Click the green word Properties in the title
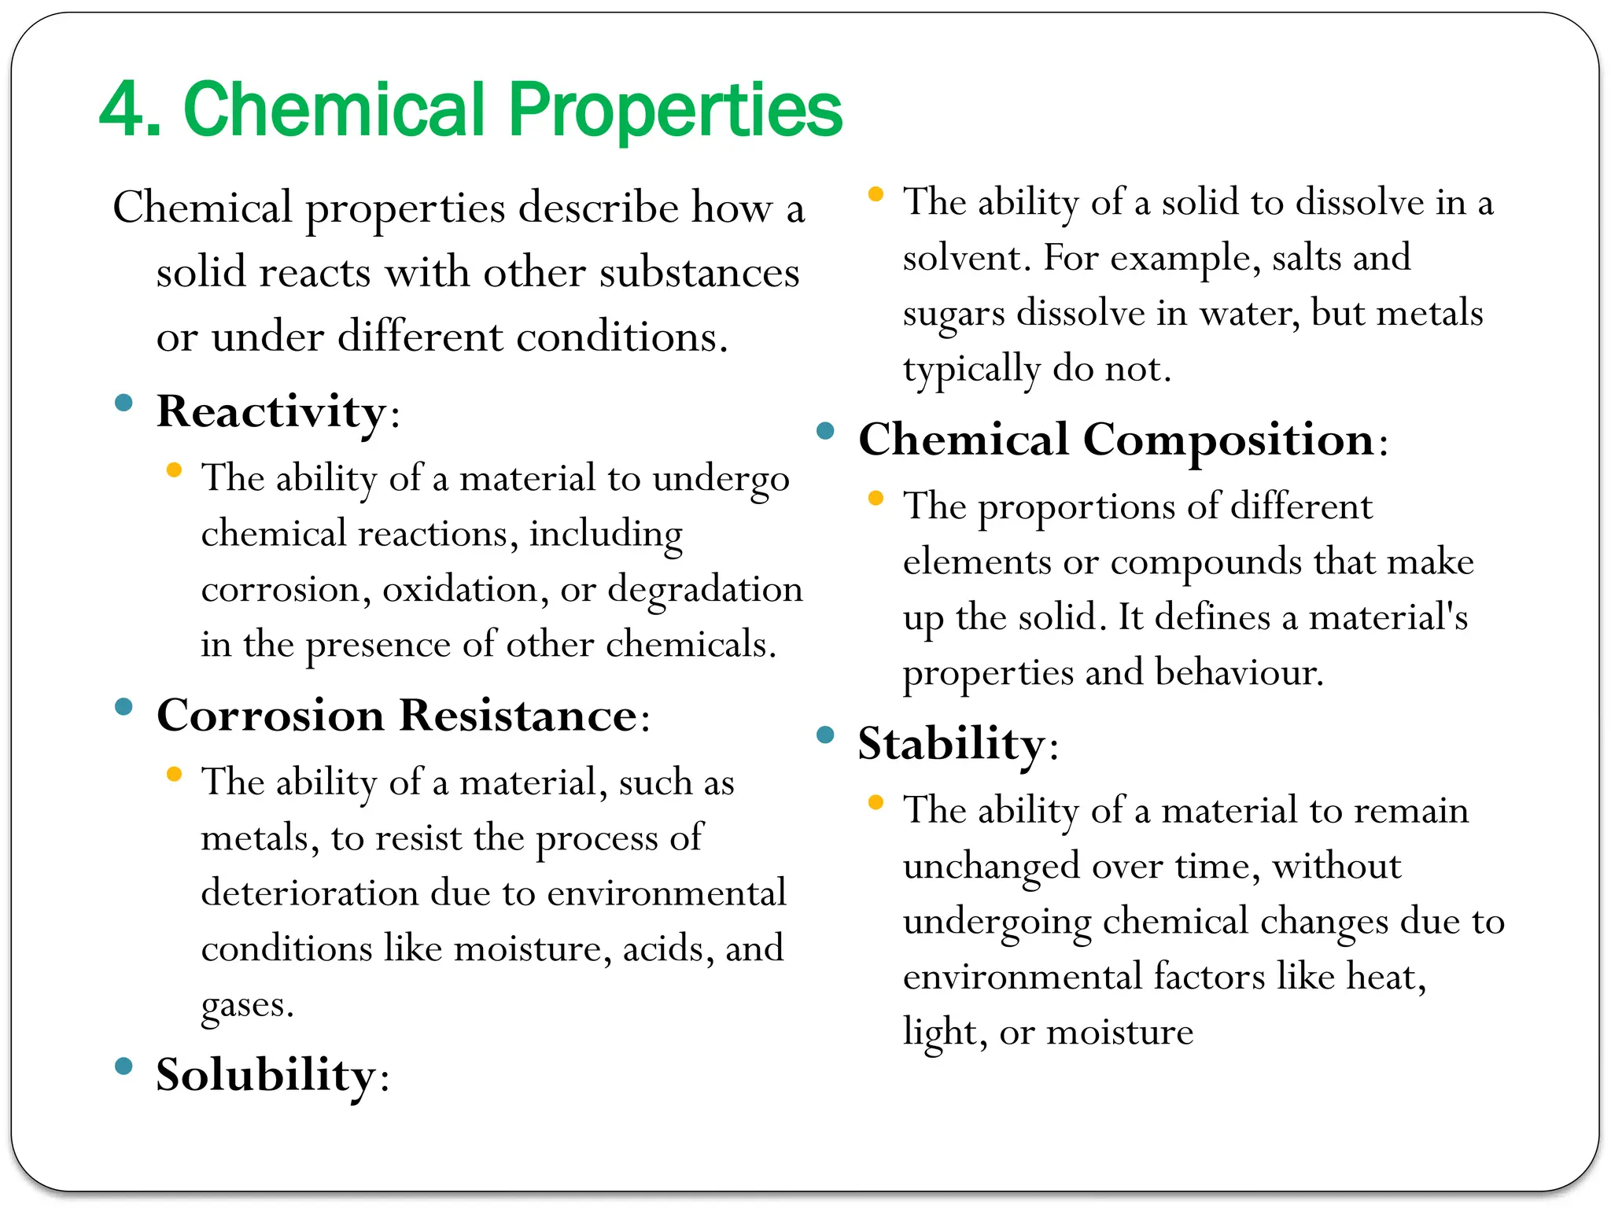pos(675,109)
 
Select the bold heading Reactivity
pos(271,411)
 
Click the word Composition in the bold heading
pos(1229,439)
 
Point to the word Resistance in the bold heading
pos(518,716)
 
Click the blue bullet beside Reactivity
pos(123,403)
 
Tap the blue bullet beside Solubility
pos(123,1066)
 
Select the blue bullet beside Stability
pos(825,735)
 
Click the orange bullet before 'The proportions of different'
pos(876,498)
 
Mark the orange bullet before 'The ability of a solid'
pos(876,193)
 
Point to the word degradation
pos(705,590)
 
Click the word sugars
pos(953,314)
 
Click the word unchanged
pos(991,867)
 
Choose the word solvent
pos(963,258)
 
